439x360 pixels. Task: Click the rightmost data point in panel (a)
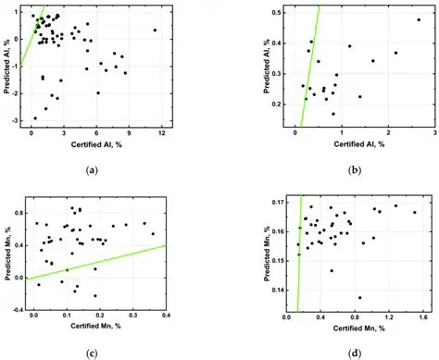(155, 30)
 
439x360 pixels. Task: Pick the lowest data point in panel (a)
(35, 118)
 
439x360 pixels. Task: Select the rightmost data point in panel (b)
(419, 19)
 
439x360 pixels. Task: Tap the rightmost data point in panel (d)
(414, 212)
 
